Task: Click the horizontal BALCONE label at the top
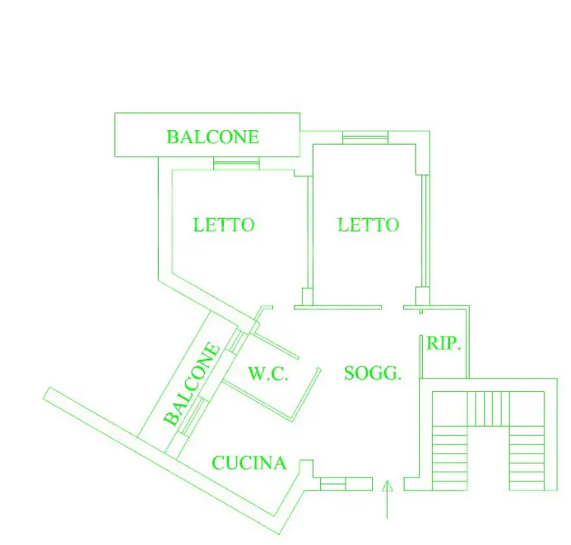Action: pyautogui.click(x=213, y=137)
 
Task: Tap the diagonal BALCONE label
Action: pyautogui.click(x=193, y=384)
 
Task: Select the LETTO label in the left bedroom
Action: pyautogui.click(x=224, y=225)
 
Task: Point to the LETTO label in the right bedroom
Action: pyautogui.click(x=368, y=225)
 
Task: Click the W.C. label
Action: pyautogui.click(x=268, y=373)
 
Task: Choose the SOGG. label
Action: pyautogui.click(x=373, y=372)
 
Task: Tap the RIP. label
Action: pyautogui.click(x=444, y=343)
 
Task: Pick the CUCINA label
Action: pyautogui.click(x=249, y=462)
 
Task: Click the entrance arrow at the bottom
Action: pyautogui.click(x=388, y=500)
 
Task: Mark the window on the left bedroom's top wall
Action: pyautogui.click(x=237, y=163)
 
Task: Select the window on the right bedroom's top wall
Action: pyautogui.click(x=365, y=137)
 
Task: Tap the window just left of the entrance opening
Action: pyautogui.click(x=334, y=484)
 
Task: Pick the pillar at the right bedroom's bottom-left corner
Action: pyautogui.click(x=307, y=297)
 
